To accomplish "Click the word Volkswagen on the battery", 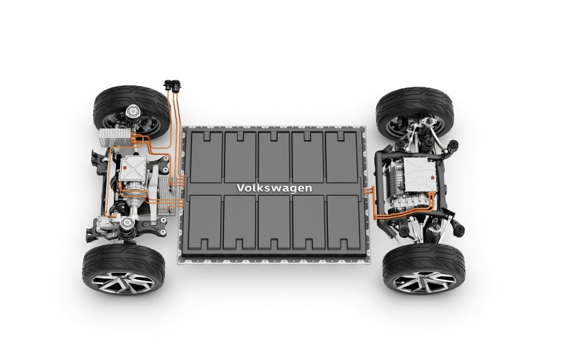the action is (x=274, y=188).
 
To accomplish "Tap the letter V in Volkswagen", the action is (x=241, y=187).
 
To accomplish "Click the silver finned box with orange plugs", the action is (x=115, y=137).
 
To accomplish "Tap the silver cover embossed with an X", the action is (x=133, y=168).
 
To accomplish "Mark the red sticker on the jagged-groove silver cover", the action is (x=432, y=177).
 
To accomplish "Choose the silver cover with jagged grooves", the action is (x=420, y=174).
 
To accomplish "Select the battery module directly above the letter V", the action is (x=240, y=157).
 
